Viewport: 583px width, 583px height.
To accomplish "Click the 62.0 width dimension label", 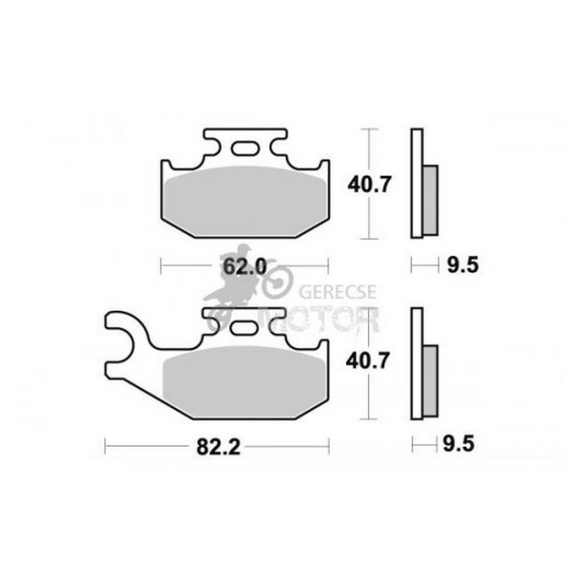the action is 245,267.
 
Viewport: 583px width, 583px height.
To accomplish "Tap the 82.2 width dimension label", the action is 219,447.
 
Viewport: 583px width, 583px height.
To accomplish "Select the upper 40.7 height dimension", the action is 369,185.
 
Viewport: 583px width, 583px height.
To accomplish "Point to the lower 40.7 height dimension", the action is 368,361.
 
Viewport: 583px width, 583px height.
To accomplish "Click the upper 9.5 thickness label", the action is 463,266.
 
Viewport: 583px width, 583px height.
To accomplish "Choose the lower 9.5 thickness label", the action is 459,444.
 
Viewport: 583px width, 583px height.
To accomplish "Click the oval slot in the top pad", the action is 245,148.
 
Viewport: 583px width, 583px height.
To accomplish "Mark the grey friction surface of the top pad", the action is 245,201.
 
